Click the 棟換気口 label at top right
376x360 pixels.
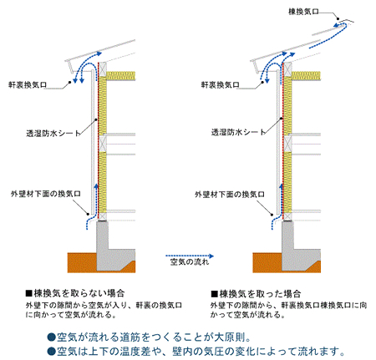tap(303, 12)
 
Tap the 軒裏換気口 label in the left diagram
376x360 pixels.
tap(28, 85)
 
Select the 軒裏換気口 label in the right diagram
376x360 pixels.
tap(221, 84)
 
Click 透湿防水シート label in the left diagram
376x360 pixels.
tap(53, 134)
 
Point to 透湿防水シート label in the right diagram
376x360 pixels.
tap(238, 132)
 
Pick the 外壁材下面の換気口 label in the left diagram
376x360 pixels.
tap(46, 194)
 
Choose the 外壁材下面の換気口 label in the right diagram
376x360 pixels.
tap(230, 194)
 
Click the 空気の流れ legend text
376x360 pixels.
tap(190, 262)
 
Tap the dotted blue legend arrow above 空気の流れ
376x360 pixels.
tap(190, 256)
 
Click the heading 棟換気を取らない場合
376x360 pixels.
tap(75, 293)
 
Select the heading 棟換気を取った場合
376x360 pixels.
tap(256, 294)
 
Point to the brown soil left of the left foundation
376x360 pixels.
tap(82, 262)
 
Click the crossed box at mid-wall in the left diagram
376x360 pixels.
tap(103, 144)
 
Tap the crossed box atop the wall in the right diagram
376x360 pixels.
tap(287, 68)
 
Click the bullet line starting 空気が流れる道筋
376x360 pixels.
tap(150, 337)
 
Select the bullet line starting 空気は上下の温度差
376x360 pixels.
tap(196, 351)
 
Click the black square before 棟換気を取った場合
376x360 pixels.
tap(214, 294)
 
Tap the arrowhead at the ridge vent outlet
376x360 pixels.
tap(336, 26)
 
